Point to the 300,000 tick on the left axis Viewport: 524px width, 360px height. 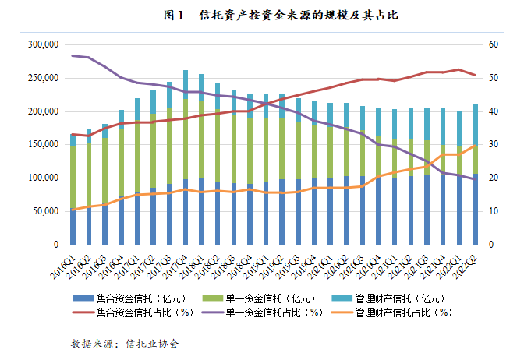click(x=41, y=45)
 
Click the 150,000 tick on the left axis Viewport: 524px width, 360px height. click(x=41, y=145)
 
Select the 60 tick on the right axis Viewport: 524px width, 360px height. click(x=494, y=45)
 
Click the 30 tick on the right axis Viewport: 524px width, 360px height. click(x=494, y=145)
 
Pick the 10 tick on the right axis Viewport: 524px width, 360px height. click(x=494, y=211)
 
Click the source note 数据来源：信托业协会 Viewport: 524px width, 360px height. click(x=125, y=343)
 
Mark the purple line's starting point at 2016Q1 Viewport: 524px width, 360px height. click(x=73, y=55)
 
